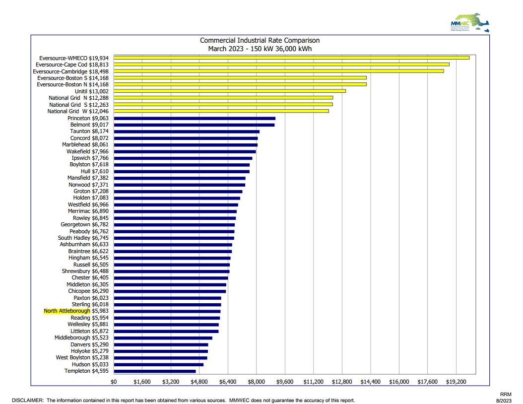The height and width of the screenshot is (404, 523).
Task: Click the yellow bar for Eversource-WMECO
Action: point(292,58)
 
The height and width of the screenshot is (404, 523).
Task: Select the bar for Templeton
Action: point(155,371)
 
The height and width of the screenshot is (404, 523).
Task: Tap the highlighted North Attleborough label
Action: point(67,311)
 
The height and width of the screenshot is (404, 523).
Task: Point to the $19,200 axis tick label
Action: point(456,382)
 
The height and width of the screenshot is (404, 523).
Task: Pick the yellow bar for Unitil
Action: point(230,91)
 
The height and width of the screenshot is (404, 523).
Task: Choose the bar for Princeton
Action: point(195,118)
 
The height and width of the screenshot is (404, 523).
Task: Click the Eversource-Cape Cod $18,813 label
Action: point(72,65)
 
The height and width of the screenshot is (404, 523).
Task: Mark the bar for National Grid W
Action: point(221,111)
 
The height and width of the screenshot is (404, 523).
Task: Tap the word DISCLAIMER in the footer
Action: point(28,400)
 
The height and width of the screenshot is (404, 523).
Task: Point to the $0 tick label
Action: point(114,382)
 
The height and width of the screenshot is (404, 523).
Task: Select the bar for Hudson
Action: point(159,364)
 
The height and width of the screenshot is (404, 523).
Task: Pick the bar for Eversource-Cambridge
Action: point(279,71)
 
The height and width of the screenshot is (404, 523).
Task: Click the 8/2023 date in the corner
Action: point(504,400)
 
